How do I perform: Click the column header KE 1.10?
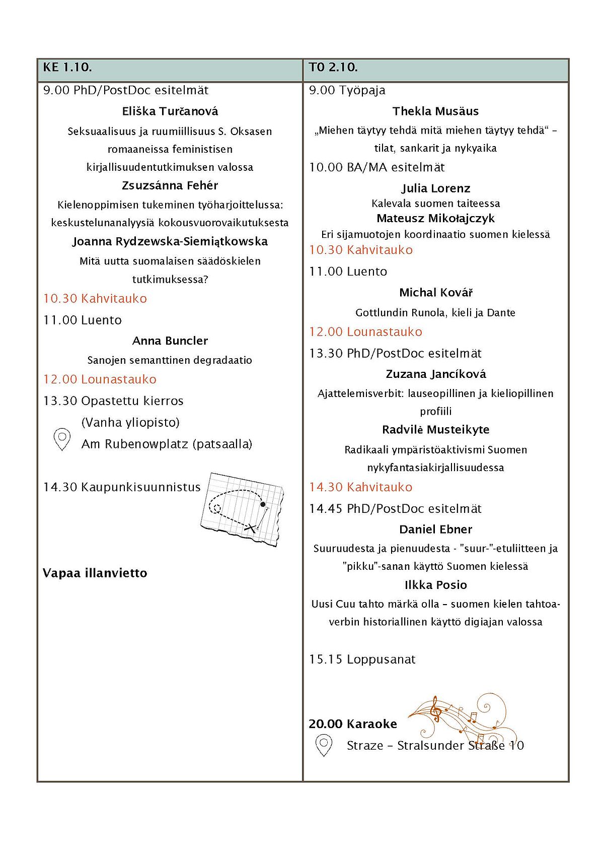tap(67, 67)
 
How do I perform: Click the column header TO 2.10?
tap(333, 67)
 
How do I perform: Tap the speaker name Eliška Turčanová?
tap(170, 111)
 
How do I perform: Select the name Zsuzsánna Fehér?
tap(170, 185)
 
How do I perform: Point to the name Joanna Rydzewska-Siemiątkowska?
tap(170, 241)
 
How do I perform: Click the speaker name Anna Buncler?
tap(170, 341)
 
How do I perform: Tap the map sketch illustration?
tap(242, 509)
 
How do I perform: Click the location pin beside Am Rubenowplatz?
tap(61, 439)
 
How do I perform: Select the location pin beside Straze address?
tap(324, 745)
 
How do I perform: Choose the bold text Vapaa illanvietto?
tap(95, 573)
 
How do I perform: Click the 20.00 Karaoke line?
tap(353, 724)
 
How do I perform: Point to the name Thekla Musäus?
tap(435, 111)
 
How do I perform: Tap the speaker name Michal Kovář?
tap(435, 293)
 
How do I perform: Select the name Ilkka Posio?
tap(435, 585)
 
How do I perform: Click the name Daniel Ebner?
tap(435, 530)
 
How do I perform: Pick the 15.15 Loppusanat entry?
tap(362, 660)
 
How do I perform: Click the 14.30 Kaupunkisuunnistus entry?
tap(122, 487)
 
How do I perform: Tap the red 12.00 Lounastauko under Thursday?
tap(365, 332)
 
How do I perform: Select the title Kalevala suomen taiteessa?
tap(435, 204)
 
